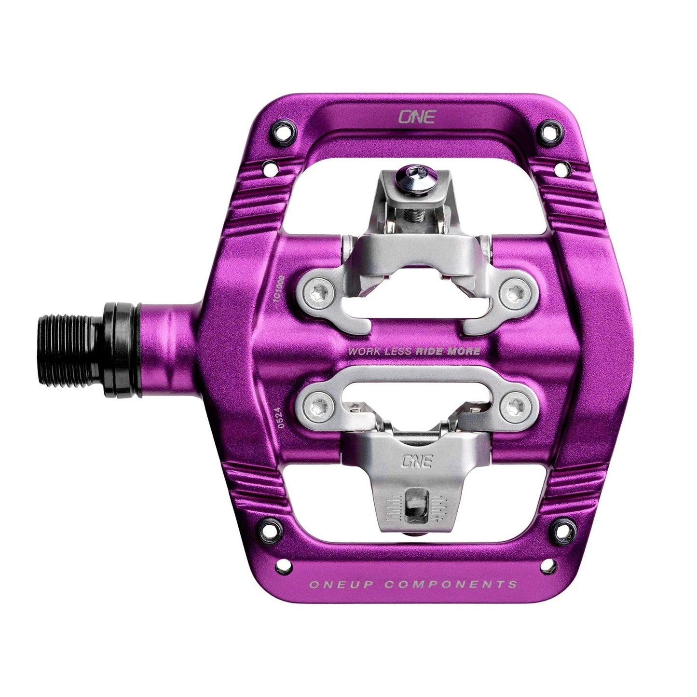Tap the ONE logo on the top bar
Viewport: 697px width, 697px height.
coord(416,116)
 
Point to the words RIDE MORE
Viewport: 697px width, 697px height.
coord(448,351)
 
